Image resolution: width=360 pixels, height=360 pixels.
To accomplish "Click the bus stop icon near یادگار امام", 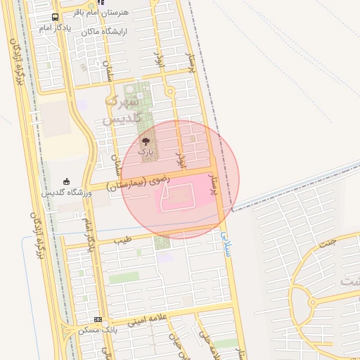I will [x=56, y=17].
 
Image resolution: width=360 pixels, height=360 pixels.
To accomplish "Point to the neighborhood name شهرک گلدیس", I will [x=124, y=110].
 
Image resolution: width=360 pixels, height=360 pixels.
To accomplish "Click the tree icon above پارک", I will [x=146, y=141].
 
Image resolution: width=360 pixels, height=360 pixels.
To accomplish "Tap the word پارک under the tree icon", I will [x=146, y=151].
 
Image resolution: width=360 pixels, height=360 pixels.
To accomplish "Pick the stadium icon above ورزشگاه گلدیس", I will [x=67, y=181].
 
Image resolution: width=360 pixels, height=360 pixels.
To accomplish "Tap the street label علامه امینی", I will [x=146, y=319].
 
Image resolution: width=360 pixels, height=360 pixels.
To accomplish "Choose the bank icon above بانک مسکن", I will [x=98, y=319].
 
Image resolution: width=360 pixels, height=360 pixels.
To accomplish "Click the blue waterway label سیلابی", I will [x=225, y=243].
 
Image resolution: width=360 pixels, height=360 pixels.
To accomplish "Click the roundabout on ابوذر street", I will [x=169, y=92].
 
